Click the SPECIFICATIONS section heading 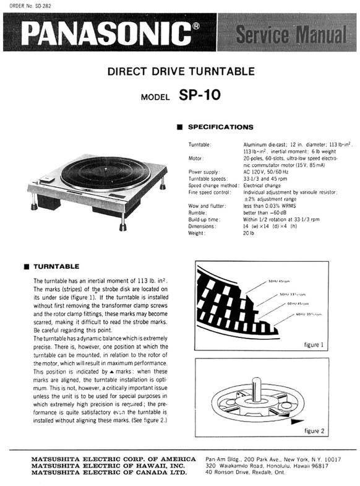coord(220,127)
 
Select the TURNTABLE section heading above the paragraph coord(55,267)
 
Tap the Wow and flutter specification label coord(205,206)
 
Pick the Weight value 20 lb coord(249,233)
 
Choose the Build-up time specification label coord(205,220)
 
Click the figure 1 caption coord(320,344)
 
